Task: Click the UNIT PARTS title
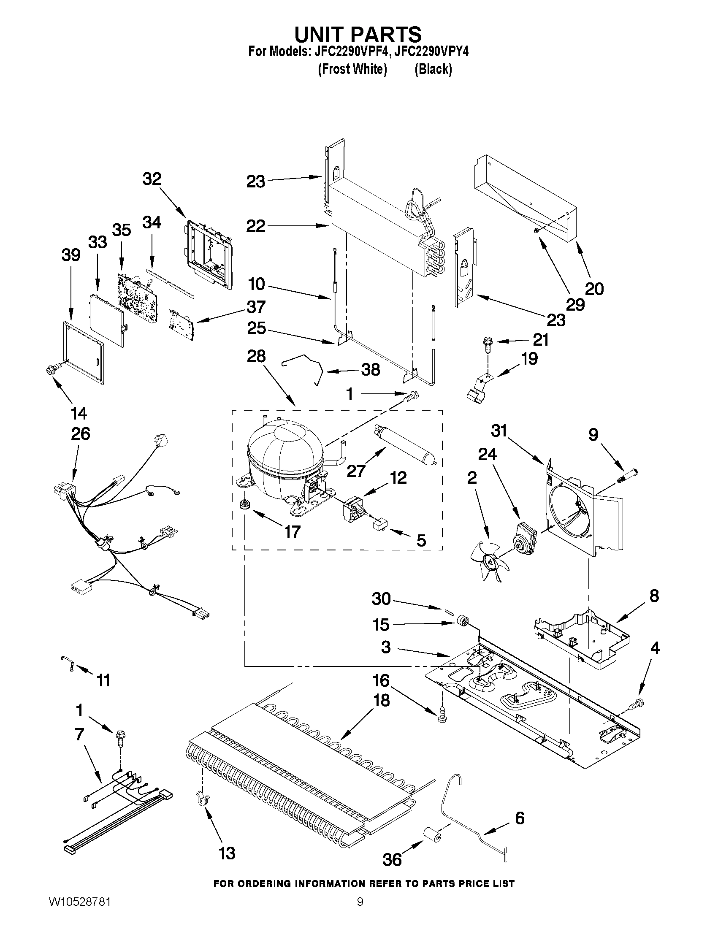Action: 358,34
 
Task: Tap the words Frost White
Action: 352,69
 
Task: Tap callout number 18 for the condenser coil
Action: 382,699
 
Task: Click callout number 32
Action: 152,179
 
